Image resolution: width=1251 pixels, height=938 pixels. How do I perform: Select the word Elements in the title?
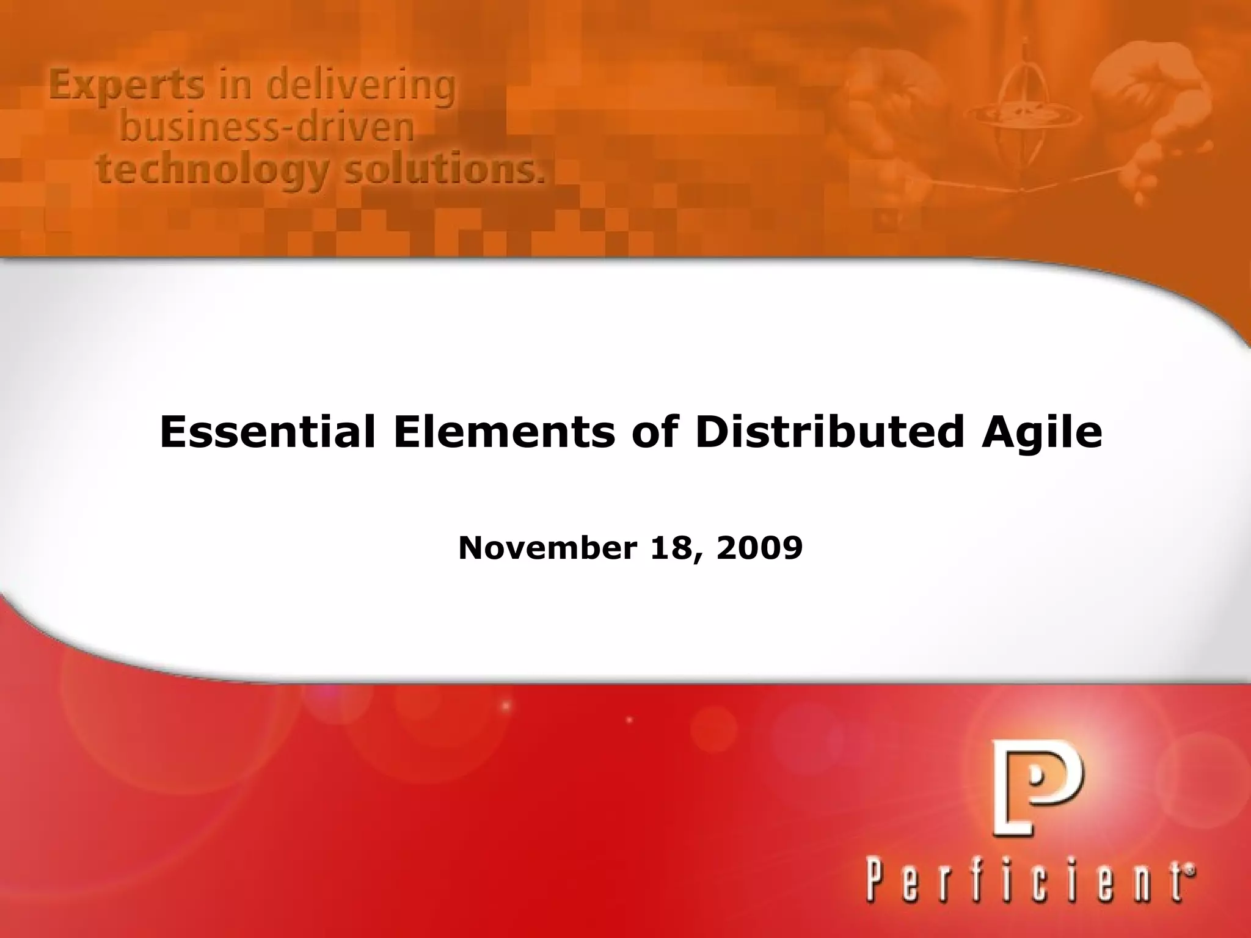505,432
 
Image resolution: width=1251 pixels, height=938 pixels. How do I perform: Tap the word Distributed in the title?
831,432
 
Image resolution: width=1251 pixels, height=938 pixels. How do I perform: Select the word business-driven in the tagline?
266,128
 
